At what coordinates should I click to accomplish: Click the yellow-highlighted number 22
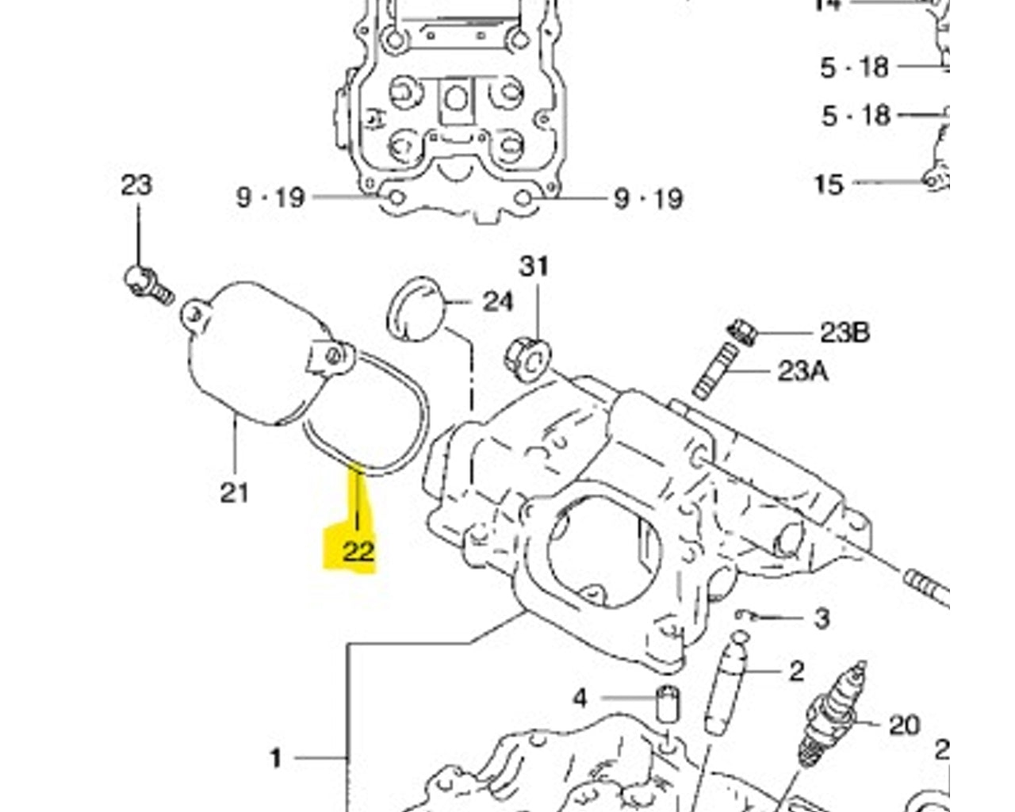(358, 550)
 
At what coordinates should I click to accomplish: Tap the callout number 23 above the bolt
(136, 186)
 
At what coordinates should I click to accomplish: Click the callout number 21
(234, 492)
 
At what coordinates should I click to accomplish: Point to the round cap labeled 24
(415, 309)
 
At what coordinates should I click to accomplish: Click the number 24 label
(498, 301)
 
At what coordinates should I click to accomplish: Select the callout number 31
(534, 266)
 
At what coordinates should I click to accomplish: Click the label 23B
(845, 332)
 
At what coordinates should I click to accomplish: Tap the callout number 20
(904, 725)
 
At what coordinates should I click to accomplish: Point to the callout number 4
(580, 699)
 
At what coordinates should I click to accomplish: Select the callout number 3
(822, 618)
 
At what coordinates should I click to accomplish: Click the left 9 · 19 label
(270, 197)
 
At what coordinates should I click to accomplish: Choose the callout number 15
(829, 184)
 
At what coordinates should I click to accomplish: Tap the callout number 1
(276, 759)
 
